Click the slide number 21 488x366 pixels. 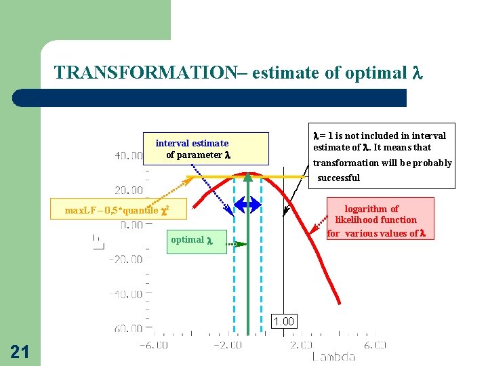click(x=20, y=351)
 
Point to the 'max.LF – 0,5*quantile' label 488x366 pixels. click(x=116, y=210)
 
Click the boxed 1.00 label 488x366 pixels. click(x=283, y=321)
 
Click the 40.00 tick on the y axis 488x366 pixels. click(x=128, y=156)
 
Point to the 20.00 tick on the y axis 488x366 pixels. click(x=128, y=190)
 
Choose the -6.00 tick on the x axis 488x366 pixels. click(x=154, y=345)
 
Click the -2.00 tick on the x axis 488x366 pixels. click(x=228, y=345)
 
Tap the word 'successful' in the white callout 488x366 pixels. click(x=339, y=178)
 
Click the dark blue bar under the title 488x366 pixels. click(x=209, y=98)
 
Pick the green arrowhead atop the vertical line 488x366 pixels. click(x=249, y=178)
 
